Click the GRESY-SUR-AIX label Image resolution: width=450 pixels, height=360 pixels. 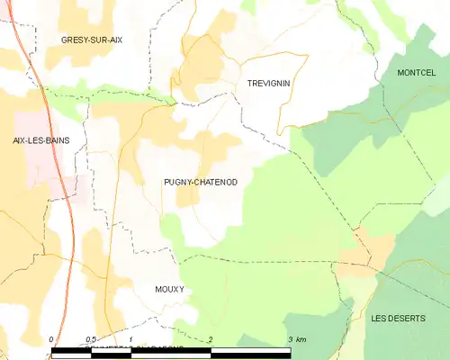(x=92, y=40)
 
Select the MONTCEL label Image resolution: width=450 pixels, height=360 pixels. (x=415, y=71)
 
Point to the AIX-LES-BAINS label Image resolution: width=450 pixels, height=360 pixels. (x=41, y=140)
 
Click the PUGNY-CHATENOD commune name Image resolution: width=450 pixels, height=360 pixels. (x=201, y=183)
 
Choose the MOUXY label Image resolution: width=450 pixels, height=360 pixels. (x=168, y=289)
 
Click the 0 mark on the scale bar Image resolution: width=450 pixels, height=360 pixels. (x=52, y=339)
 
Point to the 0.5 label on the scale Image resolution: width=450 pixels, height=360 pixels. (x=91, y=339)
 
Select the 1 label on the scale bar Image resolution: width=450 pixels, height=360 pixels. (x=131, y=339)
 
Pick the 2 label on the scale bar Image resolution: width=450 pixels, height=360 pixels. (x=211, y=339)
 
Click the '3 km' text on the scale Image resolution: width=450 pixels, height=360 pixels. (x=297, y=339)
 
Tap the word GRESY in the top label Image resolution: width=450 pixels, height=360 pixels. (x=75, y=40)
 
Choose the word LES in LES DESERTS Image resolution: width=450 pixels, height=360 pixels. (x=379, y=319)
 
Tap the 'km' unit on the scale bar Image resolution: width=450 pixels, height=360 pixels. (x=301, y=339)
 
